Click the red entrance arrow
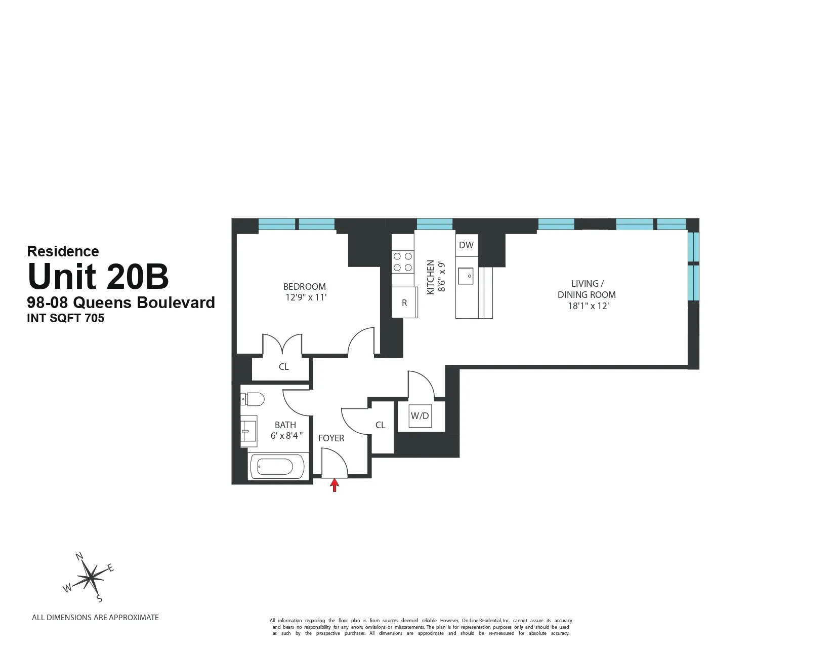pos(334,485)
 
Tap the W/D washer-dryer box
pos(420,416)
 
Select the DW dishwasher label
pos(466,245)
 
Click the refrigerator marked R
pos(404,302)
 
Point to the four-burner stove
pos(403,262)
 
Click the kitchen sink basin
pos(466,276)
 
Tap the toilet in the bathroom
pos(253,399)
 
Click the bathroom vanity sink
pos(248,431)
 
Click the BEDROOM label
pos(305,286)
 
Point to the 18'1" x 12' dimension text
pos(588,306)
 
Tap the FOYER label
pos(331,438)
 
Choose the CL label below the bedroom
pos(283,367)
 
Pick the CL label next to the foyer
pos(381,425)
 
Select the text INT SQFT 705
pos(66,318)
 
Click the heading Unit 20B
pos(98,276)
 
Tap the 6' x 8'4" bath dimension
pos(286,436)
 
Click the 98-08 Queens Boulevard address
pos(121,302)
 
